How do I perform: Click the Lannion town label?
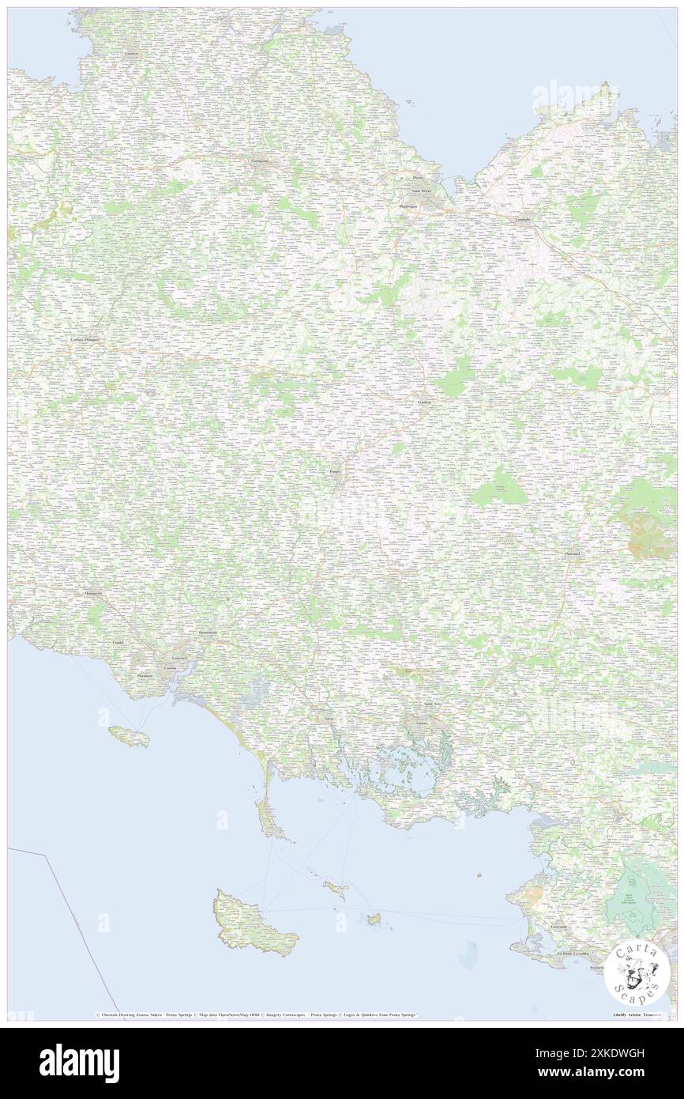tap(131, 53)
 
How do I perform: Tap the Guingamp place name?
tap(259, 162)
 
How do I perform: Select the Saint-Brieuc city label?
tap(421, 191)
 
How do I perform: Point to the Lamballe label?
tap(522, 219)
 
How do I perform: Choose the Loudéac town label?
tap(425, 402)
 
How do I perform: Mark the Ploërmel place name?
tap(573, 554)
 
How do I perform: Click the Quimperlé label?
tap(94, 592)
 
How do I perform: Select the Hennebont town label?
tap(208, 633)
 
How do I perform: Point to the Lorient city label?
tap(170, 669)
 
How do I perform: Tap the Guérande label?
tap(559, 927)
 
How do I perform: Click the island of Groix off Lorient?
tap(130, 737)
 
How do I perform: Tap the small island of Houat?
tap(336, 890)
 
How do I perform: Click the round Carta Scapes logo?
tap(637, 973)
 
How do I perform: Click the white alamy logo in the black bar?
tap(79, 1063)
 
